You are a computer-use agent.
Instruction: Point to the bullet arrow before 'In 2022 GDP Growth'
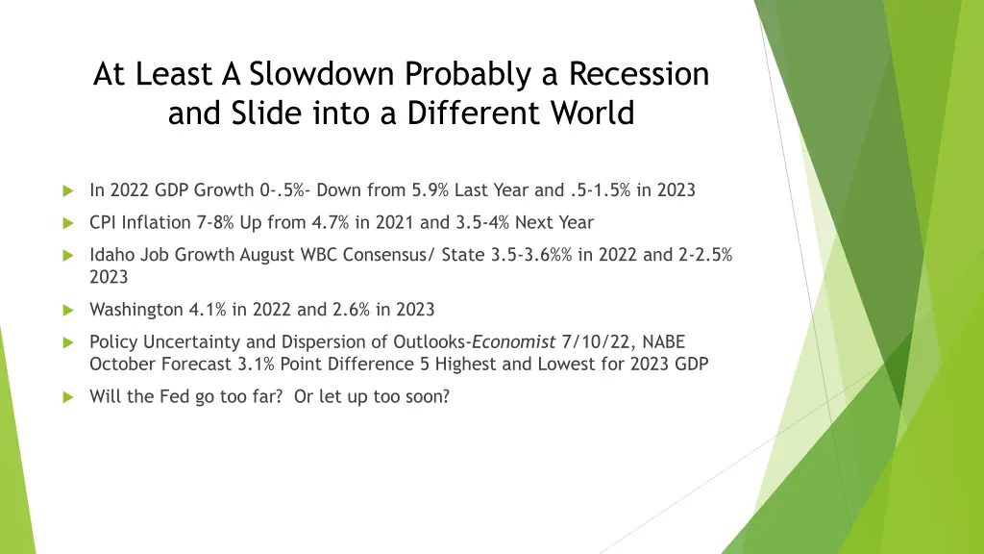click(x=67, y=190)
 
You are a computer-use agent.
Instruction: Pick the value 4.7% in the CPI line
click(x=332, y=223)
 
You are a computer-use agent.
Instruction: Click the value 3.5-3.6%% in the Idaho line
click(x=533, y=256)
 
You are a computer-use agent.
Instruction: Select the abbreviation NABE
click(x=662, y=342)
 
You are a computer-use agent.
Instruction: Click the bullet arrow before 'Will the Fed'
click(x=67, y=397)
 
